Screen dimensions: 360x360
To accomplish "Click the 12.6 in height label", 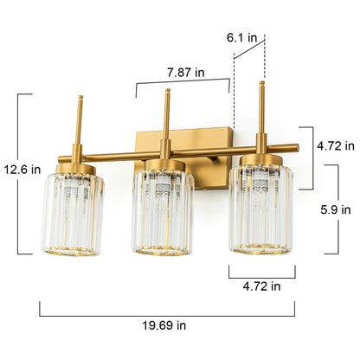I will pyautogui.click(x=22, y=170).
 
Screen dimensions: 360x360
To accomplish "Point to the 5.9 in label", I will pyautogui.click(x=334, y=209).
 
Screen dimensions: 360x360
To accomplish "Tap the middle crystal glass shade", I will pyautogui.click(x=163, y=212).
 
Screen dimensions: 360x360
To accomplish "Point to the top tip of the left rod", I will pyautogui.click(x=80, y=97).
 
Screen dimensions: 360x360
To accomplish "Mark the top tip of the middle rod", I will pyautogui.click(x=165, y=92).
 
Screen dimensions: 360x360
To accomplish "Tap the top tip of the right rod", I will pyautogui.click(x=261, y=83).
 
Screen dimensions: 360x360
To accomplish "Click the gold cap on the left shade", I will pyautogui.click(x=74, y=165).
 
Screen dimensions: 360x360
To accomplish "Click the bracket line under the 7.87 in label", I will pyautogui.click(x=183, y=84).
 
